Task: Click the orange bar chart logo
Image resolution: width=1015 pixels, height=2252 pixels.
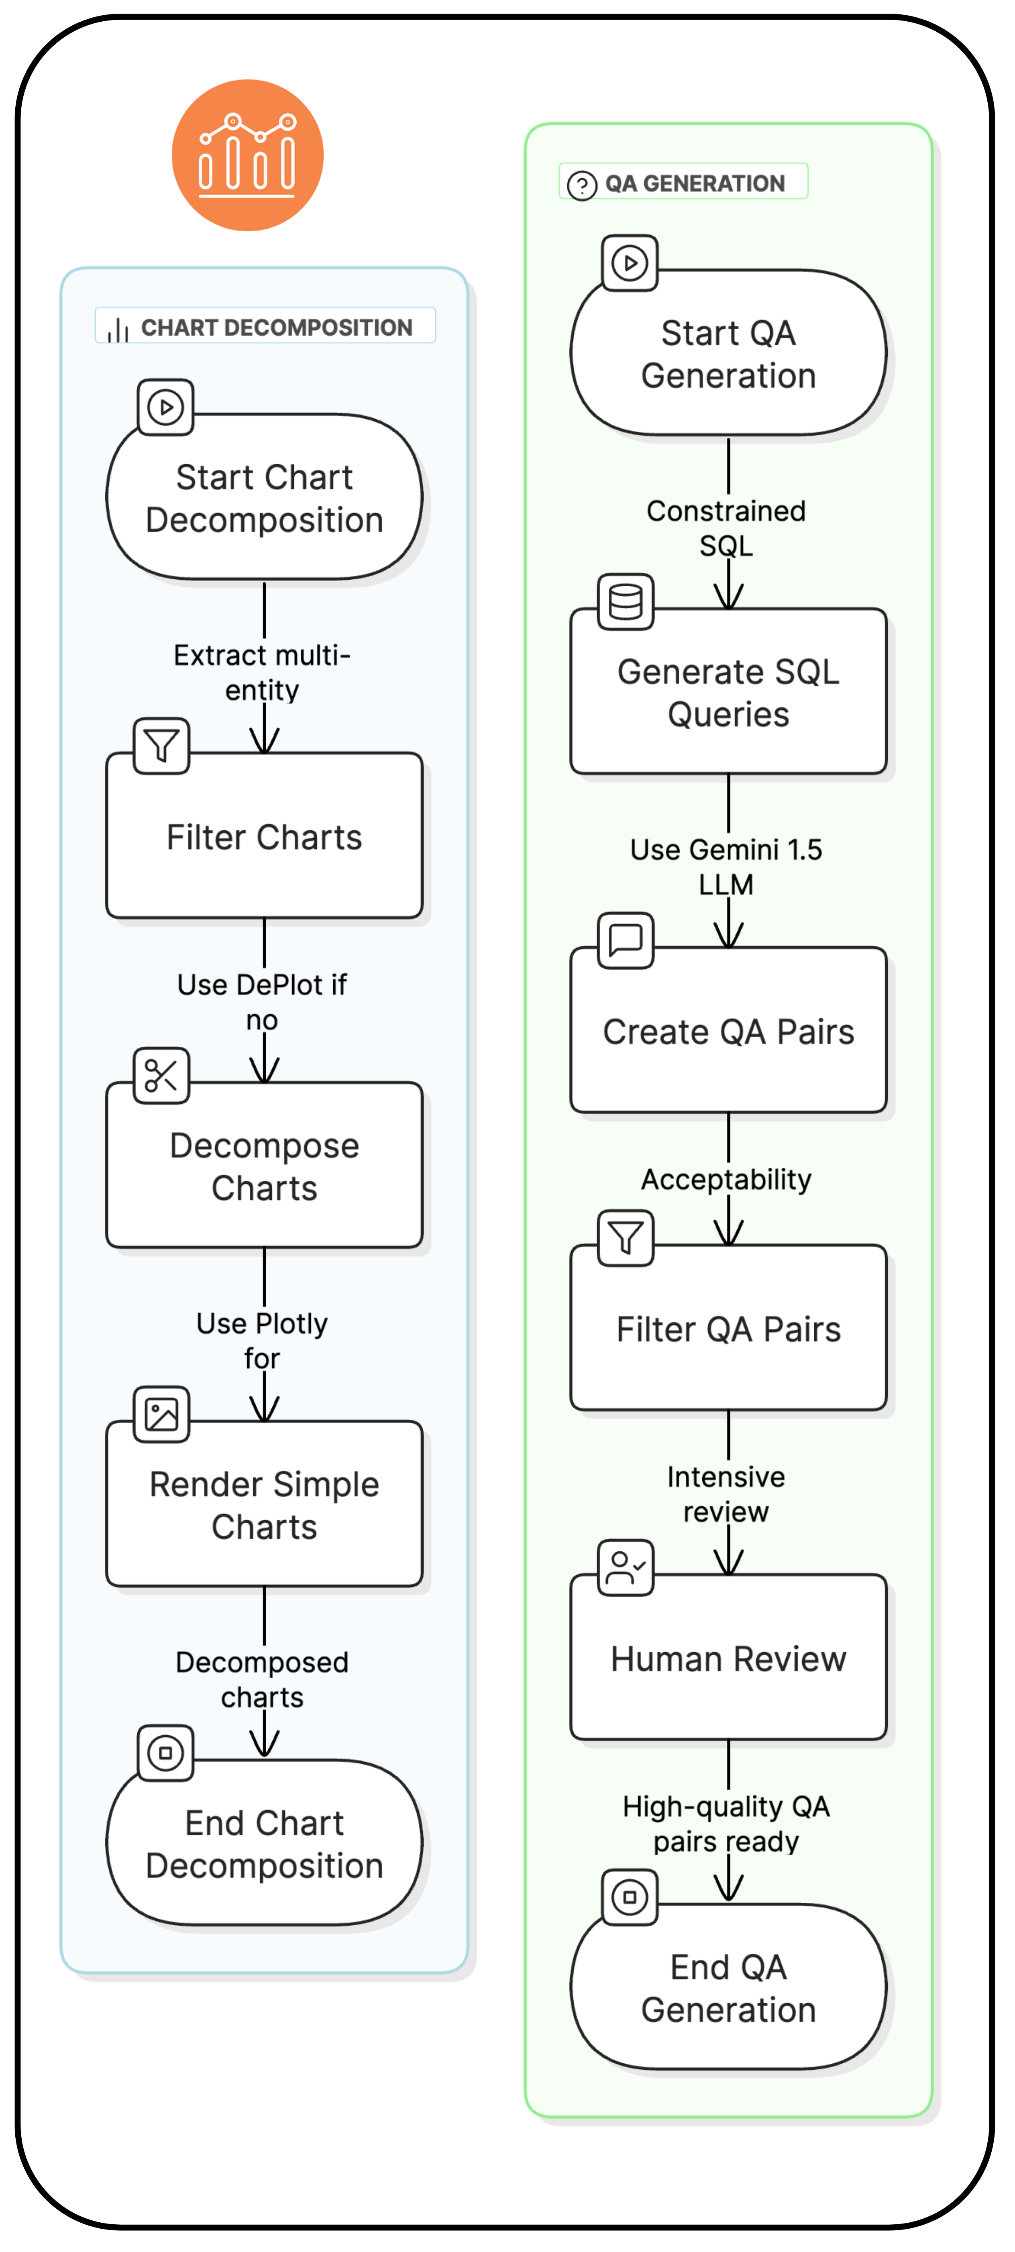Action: tap(247, 156)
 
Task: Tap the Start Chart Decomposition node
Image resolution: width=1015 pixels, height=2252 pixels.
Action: tap(264, 497)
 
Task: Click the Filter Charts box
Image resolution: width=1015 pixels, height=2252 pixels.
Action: tap(264, 837)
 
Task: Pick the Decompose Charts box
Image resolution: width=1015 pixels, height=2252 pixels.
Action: tap(264, 1166)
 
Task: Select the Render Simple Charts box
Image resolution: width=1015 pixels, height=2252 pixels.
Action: tap(264, 1504)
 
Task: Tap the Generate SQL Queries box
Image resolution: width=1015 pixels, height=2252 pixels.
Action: tap(728, 693)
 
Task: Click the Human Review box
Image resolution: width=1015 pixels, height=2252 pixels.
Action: tap(728, 1659)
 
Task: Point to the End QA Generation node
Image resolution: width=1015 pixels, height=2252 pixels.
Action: tap(728, 1987)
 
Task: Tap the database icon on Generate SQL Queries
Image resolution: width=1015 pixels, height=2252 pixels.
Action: tap(626, 601)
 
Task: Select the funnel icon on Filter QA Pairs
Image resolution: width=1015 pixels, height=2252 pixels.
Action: tap(626, 1238)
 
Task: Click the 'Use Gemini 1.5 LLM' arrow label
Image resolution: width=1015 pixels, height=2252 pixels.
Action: tap(726, 866)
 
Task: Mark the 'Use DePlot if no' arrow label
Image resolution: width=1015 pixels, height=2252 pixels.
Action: tap(262, 1002)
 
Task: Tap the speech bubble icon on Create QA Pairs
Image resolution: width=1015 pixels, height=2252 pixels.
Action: tap(626, 940)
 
